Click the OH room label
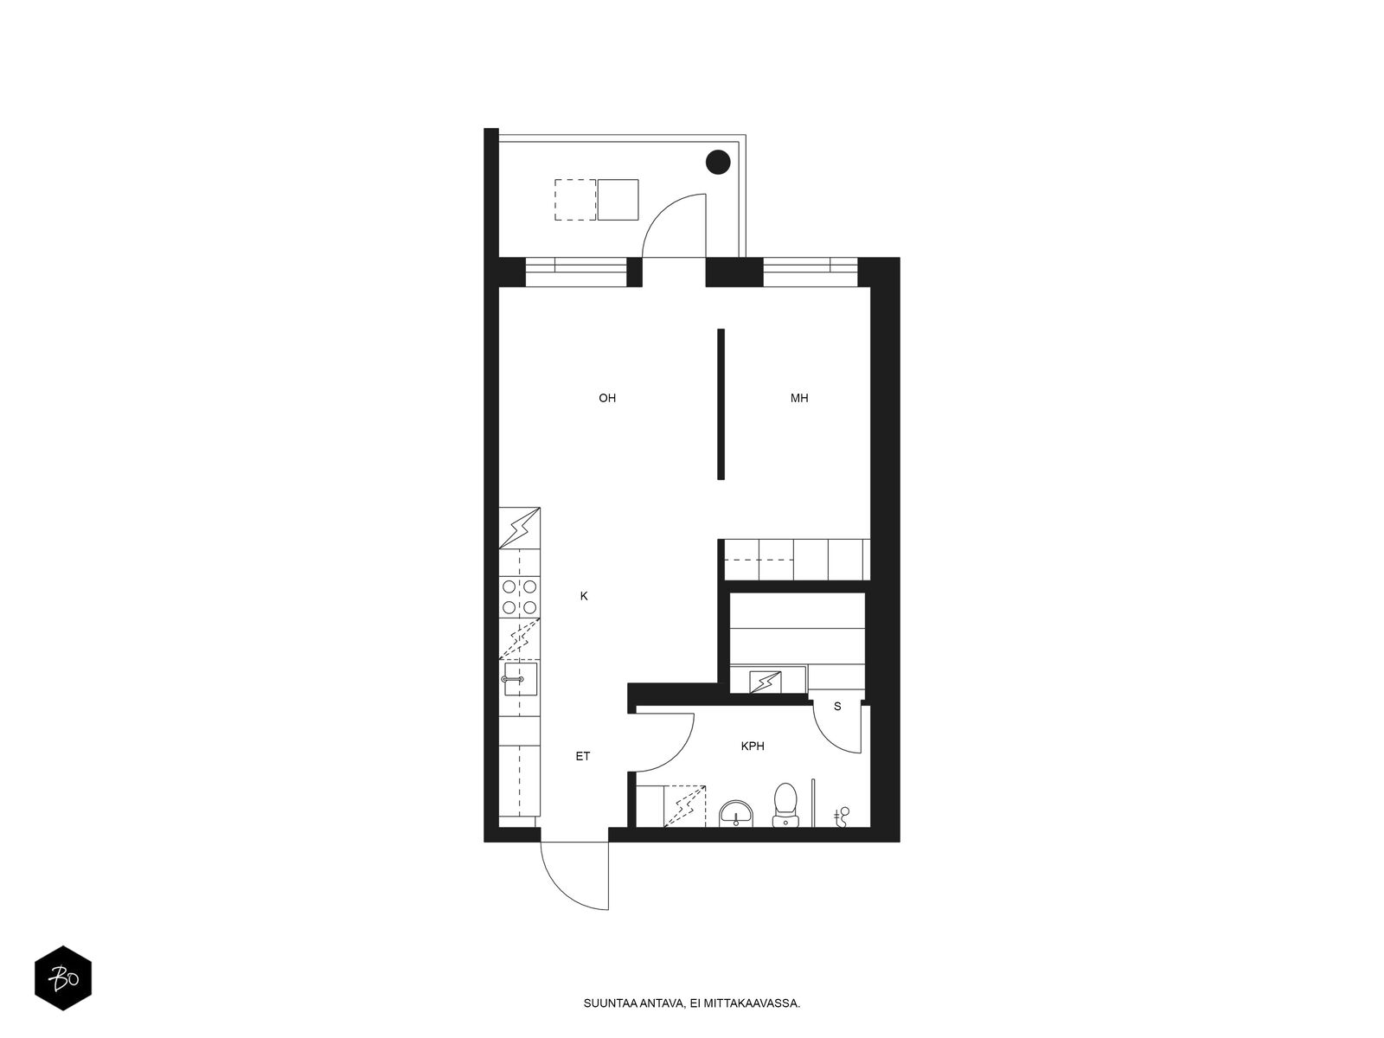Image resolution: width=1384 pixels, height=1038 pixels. [606, 398]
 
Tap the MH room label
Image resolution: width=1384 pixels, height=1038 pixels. [799, 398]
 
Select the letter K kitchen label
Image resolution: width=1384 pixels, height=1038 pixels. [584, 596]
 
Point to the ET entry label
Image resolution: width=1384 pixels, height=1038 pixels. [583, 756]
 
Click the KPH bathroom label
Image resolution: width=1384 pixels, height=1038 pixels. [753, 746]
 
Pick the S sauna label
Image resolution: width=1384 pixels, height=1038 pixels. [837, 707]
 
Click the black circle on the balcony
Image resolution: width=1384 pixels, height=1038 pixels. [718, 163]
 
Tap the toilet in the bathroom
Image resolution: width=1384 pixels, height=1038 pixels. [785, 804]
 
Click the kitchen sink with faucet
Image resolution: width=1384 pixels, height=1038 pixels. [520, 679]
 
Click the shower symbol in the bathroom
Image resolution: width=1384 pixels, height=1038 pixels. [841, 817]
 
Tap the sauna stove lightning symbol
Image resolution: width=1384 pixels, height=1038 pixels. [765, 682]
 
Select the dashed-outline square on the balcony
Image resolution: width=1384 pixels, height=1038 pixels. [575, 200]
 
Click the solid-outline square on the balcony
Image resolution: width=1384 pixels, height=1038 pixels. [618, 200]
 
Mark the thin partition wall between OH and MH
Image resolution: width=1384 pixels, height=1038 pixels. [721, 404]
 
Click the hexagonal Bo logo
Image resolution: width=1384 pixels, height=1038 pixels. [63, 977]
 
